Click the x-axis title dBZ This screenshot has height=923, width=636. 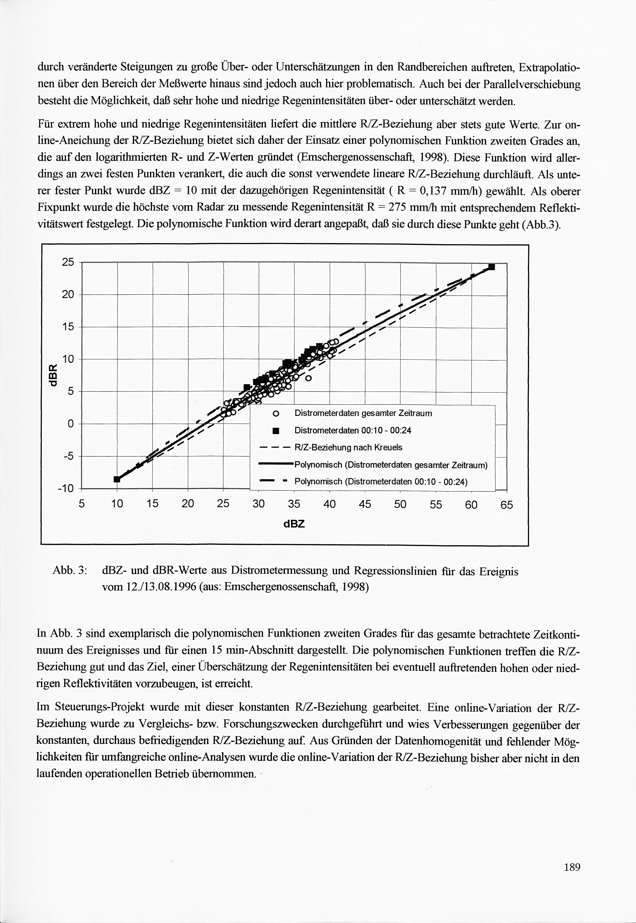[294, 523]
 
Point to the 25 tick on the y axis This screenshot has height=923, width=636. [68, 262]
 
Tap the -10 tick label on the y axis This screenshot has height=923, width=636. [66, 489]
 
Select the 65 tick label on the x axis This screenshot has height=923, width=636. [507, 505]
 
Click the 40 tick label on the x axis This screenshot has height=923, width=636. [329, 504]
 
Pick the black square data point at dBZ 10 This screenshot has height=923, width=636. [117, 479]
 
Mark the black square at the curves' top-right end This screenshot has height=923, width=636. [491, 267]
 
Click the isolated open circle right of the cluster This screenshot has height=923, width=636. [308, 378]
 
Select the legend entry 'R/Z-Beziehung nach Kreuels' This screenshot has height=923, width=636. [348, 447]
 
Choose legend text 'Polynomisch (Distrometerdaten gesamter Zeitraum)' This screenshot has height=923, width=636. [391, 465]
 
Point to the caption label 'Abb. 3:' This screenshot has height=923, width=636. [70, 570]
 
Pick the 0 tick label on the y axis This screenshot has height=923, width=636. [71, 424]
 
